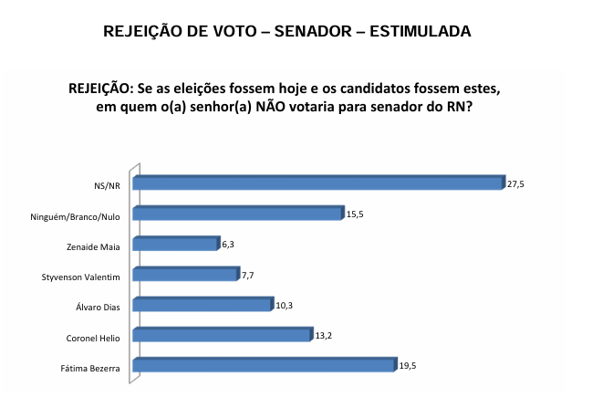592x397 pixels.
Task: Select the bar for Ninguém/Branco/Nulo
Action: click(x=237, y=214)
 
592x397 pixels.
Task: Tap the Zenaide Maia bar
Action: click(x=176, y=245)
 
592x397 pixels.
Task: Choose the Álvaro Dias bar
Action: click(x=203, y=305)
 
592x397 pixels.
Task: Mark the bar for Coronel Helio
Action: click(x=222, y=336)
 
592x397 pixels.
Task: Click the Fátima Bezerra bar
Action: click(x=265, y=367)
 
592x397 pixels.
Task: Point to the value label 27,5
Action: click(x=516, y=183)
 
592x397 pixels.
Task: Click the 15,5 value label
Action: click(x=355, y=214)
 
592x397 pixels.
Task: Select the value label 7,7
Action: click(x=246, y=275)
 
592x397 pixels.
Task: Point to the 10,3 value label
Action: click(x=284, y=305)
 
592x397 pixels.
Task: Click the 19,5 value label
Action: click(x=407, y=367)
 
